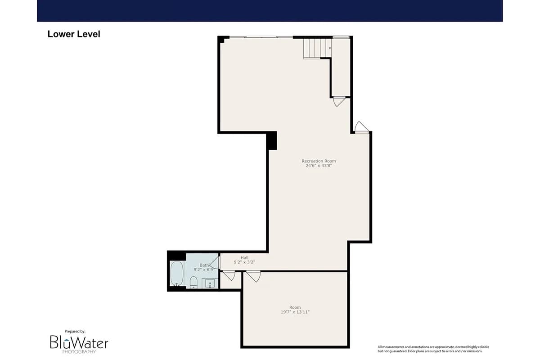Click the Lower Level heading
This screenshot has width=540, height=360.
(74, 34)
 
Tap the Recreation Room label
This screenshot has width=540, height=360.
(319, 161)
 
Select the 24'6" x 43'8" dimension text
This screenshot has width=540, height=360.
(319, 166)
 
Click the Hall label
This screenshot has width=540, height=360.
(244, 258)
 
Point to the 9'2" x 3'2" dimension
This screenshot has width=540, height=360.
(244, 262)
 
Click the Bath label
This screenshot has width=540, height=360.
(204, 265)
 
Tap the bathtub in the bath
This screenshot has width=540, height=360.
(177, 274)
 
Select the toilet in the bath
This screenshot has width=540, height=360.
(193, 282)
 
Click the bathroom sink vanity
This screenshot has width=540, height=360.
(210, 283)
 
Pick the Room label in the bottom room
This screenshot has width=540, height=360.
(295, 307)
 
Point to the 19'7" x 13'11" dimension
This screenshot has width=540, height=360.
(295, 312)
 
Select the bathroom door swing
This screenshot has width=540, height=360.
(215, 263)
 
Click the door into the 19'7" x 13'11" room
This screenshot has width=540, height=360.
(253, 276)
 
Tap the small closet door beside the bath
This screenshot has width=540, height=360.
(229, 275)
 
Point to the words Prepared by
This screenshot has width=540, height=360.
(75, 331)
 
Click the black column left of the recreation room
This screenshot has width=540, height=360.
(272, 141)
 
